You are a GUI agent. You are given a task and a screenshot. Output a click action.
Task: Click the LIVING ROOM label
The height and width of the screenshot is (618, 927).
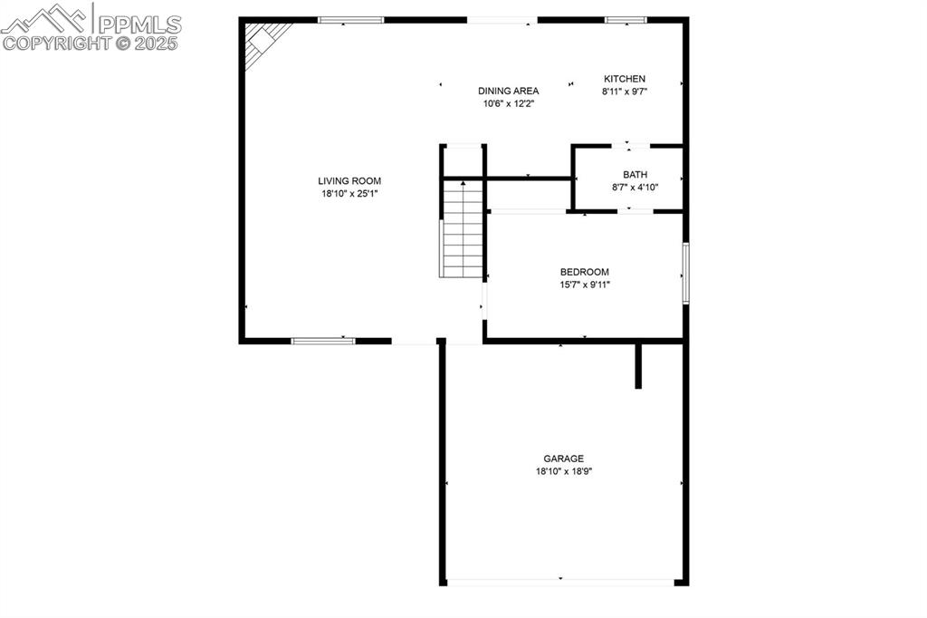(349, 181)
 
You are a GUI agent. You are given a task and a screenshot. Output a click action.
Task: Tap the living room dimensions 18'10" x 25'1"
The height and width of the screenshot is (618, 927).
(349, 193)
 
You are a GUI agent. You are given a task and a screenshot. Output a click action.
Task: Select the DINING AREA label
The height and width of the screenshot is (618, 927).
(508, 91)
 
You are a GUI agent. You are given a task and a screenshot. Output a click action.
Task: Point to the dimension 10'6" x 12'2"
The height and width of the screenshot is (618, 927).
(508, 103)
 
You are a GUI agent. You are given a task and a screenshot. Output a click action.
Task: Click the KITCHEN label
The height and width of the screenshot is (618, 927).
(625, 79)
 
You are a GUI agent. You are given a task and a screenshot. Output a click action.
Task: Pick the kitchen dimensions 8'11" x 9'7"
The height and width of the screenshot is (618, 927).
(625, 92)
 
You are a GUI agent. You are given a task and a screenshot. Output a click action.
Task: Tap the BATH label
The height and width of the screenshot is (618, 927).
(635, 175)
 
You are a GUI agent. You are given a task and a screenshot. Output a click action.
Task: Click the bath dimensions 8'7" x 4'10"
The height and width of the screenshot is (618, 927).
(635, 188)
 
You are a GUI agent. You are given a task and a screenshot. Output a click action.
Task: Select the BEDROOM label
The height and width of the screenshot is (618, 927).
(584, 272)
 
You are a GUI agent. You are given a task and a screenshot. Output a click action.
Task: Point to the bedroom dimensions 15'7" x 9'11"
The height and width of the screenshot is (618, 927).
(584, 285)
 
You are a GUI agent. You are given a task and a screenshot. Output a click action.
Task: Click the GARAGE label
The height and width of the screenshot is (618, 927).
(563, 459)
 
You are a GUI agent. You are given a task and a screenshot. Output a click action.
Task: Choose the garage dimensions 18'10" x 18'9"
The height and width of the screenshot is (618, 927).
(563, 471)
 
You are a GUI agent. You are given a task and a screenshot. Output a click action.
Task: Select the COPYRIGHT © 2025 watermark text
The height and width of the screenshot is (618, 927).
(91, 43)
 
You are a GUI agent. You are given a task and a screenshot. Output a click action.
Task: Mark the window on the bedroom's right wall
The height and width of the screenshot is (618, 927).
(685, 272)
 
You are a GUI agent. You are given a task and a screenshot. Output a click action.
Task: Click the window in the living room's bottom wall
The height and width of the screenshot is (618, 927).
(322, 341)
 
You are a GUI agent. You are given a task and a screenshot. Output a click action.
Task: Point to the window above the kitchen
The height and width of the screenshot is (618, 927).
(625, 19)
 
